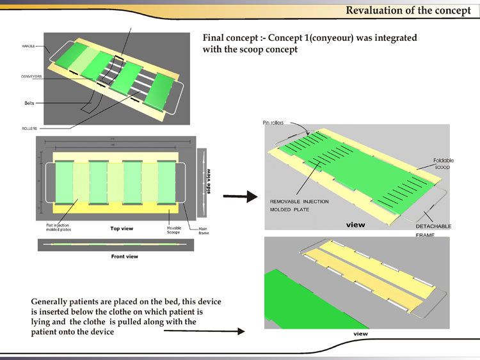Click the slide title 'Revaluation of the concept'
(408, 10)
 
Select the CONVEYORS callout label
(31, 76)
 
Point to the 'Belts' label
(29, 102)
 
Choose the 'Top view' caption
(121, 227)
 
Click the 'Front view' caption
(125, 256)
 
